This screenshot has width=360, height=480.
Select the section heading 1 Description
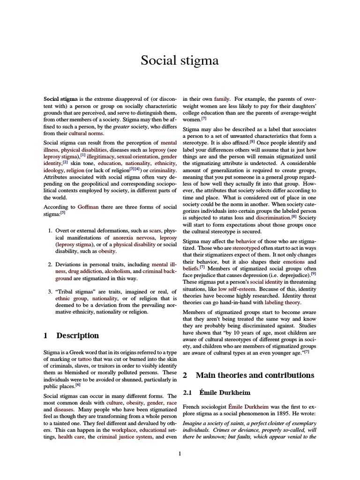pyautogui.click(x=71, y=335)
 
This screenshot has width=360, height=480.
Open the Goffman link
pyautogui.click(x=88, y=206)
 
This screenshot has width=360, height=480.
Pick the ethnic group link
pyautogui.click(x=71, y=298)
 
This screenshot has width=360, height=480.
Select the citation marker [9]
pyautogui.click(x=313, y=273)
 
